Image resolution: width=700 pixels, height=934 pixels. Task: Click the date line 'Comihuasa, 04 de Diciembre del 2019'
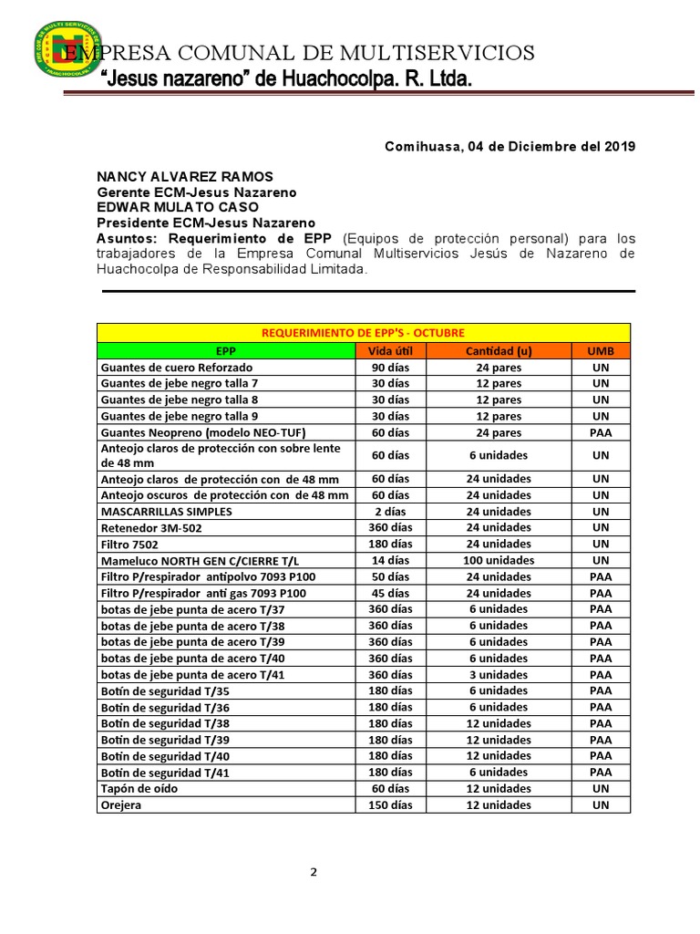(510, 147)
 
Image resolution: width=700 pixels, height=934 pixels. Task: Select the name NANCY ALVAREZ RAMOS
(185, 176)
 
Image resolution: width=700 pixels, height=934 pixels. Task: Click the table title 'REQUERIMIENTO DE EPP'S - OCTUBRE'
(363, 333)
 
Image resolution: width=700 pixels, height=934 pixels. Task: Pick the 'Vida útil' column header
(390, 350)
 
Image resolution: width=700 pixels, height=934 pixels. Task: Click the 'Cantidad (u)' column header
(499, 350)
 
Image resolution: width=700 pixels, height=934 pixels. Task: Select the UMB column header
(601, 350)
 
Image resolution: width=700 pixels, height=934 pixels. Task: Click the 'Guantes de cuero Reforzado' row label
(171, 367)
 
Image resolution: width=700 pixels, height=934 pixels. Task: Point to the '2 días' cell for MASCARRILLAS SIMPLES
(390, 512)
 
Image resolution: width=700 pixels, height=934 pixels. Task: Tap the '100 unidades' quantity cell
(499, 560)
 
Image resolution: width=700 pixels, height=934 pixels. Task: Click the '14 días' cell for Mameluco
(390, 560)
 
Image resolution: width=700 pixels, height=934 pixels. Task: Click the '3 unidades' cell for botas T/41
(499, 674)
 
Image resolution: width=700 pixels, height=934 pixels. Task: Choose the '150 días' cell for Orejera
(390, 804)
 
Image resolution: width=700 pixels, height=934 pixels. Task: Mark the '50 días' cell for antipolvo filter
(390, 576)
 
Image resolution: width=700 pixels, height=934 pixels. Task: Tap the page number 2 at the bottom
(314, 872)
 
